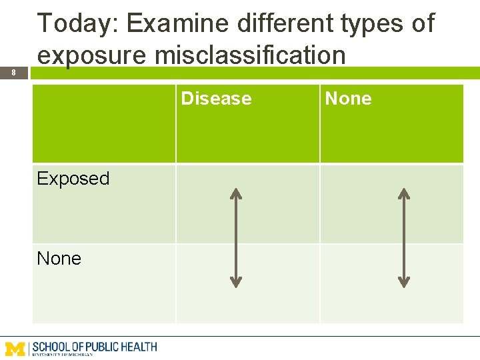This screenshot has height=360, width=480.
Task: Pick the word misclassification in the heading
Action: pos(250,55)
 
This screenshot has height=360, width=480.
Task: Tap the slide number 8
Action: pos(13,73)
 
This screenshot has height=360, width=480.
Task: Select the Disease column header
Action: pos(216,99)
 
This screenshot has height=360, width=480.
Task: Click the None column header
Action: pos(348,99)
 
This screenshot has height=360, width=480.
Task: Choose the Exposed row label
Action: pos(73,179)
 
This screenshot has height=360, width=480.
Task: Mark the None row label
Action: pos(59,259)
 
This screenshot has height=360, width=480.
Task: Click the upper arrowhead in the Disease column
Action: pos(235,193)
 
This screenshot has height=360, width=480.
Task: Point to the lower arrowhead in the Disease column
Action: pos(235,282)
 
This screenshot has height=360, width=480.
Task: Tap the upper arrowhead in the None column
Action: pos(403,193)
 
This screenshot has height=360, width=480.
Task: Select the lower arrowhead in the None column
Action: pos(403,282)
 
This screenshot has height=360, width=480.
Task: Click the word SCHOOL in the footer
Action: pos(52,347)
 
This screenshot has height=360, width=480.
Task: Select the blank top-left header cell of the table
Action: pos(104,123)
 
